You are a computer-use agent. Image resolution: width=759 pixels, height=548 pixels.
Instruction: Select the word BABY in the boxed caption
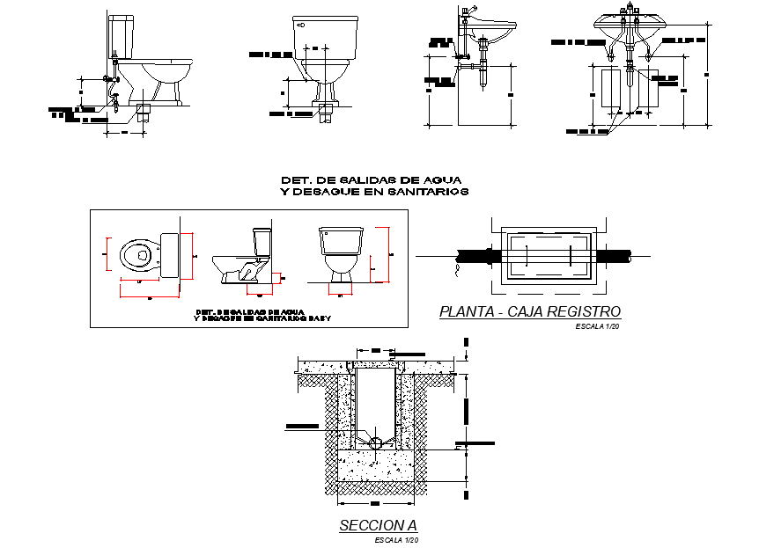coord(319,318)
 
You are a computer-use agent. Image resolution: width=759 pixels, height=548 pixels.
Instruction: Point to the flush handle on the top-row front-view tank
coord(301,25)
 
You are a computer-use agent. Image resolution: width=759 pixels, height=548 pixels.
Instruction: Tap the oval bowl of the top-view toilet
coord(136,256)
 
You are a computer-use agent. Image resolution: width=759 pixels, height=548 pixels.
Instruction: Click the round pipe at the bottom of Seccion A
coord(377,442)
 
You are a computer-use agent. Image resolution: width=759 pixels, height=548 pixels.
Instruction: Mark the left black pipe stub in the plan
coord(476,255)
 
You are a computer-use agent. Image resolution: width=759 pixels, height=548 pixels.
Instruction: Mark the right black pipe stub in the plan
coord(613,255)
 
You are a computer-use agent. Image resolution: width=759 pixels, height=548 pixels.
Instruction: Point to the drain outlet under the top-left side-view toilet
coord(144,113)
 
